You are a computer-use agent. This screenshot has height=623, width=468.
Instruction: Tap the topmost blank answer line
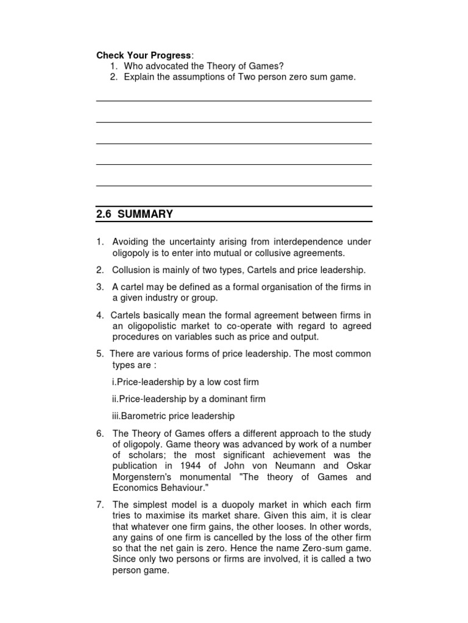point(234,101)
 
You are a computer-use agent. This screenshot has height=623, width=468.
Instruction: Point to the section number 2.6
point(104,214)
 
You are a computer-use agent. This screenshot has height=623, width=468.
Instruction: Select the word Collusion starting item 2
point(131,270)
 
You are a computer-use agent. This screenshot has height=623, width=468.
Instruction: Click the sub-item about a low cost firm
point(185,382)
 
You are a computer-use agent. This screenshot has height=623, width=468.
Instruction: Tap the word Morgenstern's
point(141,477)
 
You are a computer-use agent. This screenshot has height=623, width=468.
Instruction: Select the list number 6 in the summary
point(99,433)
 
